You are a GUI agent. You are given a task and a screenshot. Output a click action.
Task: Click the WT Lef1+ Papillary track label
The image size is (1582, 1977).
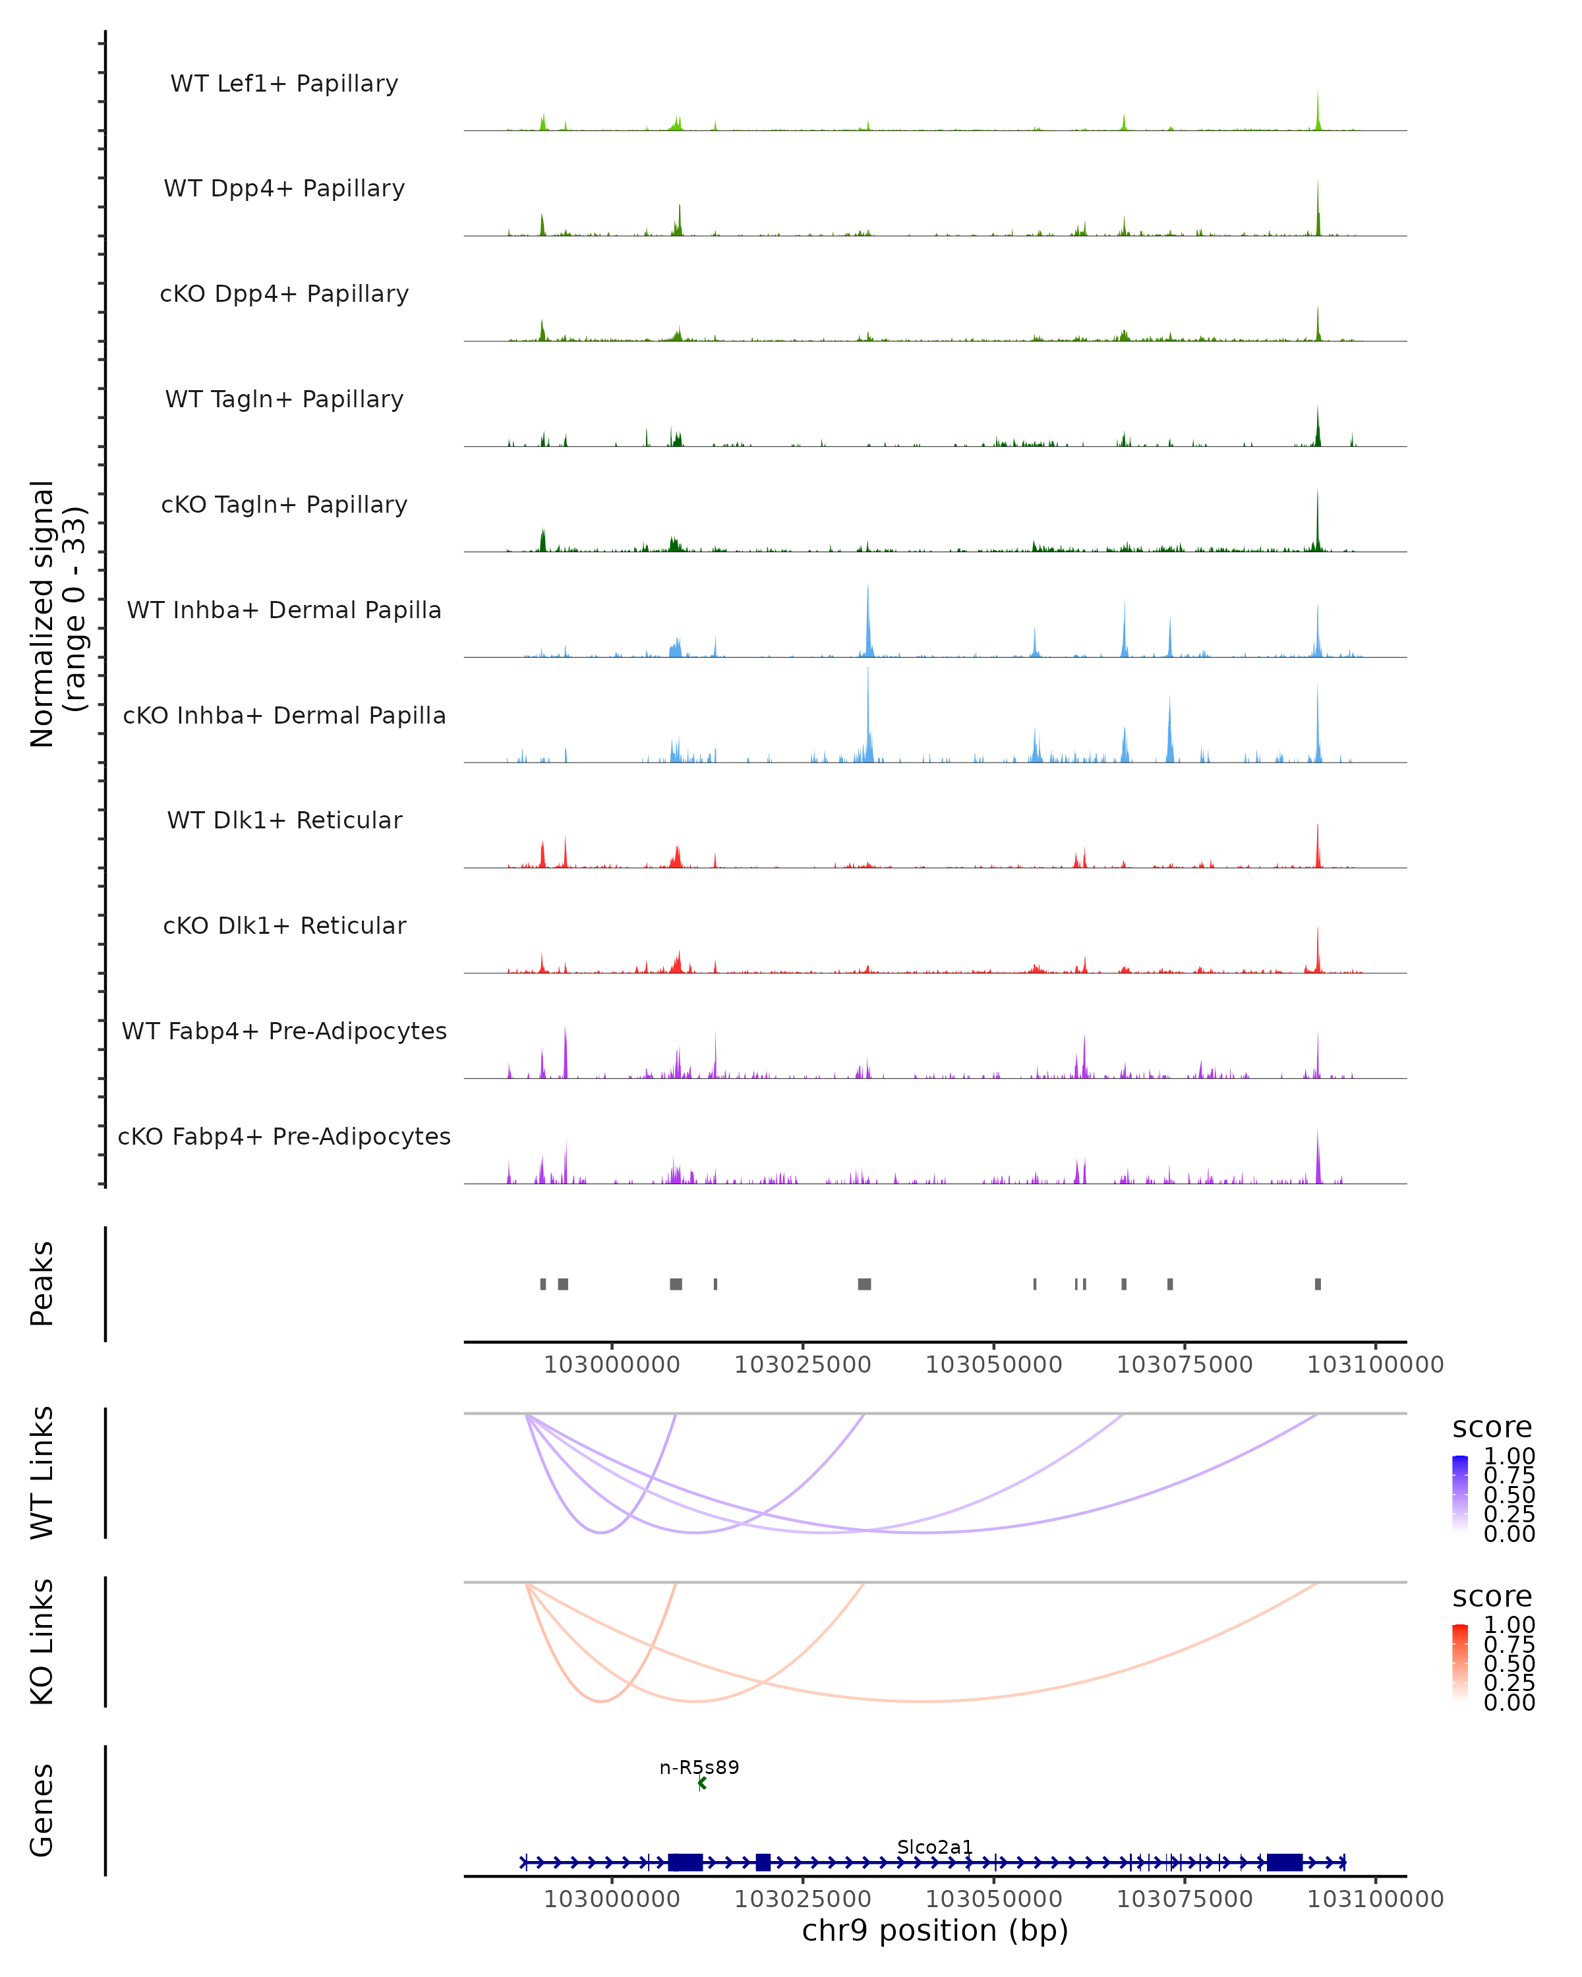click(x=284, y=84)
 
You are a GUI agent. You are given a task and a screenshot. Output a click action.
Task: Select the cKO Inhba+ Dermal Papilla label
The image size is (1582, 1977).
click(x=284, y=715)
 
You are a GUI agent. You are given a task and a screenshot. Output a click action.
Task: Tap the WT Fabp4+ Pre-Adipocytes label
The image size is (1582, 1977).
click(x=284, y=1031)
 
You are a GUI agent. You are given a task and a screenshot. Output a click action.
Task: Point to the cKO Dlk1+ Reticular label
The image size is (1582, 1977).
click(x=284, y=925)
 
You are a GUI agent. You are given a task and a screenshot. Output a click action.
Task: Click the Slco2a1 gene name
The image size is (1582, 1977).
click(x=935, y=1847)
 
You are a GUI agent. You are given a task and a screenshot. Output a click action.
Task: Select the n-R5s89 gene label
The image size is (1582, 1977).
click(x=699, y=1767)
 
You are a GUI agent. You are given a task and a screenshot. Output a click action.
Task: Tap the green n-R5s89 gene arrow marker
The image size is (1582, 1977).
click(x=701, y=1783)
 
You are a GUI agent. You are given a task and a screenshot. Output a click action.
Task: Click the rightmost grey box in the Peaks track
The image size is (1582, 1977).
click(x=1318, y=1284)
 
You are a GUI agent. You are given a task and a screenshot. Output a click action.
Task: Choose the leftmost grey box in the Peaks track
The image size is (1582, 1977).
click(x=543, y=1284)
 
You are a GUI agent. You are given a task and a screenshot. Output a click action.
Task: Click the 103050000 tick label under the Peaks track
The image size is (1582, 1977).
click(x=993, y=1365)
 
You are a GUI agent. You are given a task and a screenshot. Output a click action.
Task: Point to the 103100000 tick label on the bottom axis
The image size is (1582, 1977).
click(x=1375, y=1899)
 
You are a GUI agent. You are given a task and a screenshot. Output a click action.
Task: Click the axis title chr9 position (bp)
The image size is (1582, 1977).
click(x=935, y=1930)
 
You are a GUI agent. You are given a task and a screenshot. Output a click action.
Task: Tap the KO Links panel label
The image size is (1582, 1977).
click(x=42, y=1642)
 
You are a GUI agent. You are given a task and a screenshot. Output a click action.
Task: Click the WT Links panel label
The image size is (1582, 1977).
click(x=42, y=1474)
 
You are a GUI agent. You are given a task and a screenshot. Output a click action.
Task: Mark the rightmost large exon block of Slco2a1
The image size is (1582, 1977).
click(x=1284, y=1862)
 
